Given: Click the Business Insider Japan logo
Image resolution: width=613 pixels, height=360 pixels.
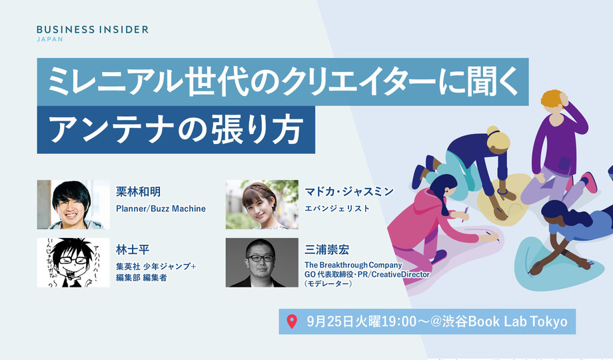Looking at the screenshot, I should pyautogui.click(x=92, y=33).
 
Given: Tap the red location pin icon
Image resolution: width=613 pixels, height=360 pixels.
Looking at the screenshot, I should pyautogui.click(x=291, y=322).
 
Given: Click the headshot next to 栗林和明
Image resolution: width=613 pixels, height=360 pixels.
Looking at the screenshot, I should pyautogui.click(x=73, y=204).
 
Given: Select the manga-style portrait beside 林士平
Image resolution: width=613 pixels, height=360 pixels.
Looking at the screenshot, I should pyautogui.click(x=73, y=262).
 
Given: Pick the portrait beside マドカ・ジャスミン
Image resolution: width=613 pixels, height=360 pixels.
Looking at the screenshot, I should pyautogui.click(x=262, y=204).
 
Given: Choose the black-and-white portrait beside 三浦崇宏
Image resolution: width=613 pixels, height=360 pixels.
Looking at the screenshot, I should pyautogui.click(x=262, y=262).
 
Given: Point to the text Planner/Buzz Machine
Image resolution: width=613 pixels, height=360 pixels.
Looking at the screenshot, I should pyautogui.click(x=161, y=209).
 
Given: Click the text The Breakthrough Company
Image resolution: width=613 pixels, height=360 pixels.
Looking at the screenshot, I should pyautogui.click(x=353, y=265).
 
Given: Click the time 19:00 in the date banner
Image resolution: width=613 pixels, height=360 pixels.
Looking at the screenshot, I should pyautogui.click(x=405, y=322).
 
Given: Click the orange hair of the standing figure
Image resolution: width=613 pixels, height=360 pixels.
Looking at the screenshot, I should pyautogui.click(x=552, y=101).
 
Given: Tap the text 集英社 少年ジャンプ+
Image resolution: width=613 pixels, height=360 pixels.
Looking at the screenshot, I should pyautogui.click(x=155, y=267).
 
